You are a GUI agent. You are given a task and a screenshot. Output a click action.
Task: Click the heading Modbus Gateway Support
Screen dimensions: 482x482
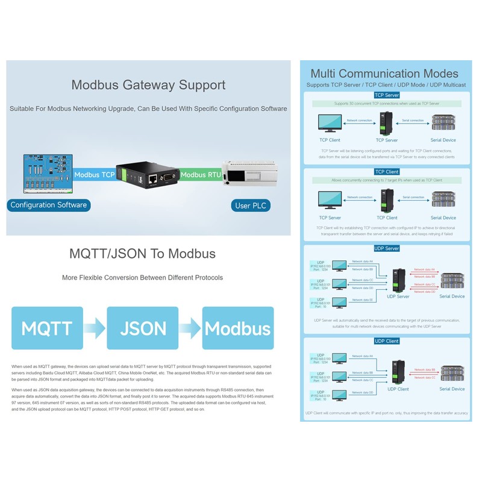click(148, 85)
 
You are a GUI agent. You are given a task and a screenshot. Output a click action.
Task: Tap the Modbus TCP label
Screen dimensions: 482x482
click(94, 175)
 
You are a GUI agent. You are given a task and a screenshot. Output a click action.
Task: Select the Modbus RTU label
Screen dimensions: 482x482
click(201, 175)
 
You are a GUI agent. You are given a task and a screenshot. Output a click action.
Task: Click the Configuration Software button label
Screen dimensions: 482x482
click(49, 205)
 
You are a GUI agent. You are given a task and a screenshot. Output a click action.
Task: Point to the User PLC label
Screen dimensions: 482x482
click(251, 205)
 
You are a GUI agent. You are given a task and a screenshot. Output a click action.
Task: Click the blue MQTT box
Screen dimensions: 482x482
click(47, 328)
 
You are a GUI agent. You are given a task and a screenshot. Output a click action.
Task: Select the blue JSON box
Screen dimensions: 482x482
click(143, 328)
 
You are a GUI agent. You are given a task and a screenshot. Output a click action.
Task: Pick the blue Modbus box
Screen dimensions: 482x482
click(238, 328)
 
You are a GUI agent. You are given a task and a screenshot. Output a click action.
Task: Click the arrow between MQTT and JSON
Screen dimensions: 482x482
click(95, 328)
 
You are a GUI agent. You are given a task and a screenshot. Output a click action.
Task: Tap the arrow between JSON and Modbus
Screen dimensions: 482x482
click(190, 328)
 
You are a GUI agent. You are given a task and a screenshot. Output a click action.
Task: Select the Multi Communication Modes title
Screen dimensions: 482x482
click(384, 74)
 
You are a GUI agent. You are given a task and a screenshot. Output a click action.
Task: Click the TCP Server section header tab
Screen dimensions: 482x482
click(386, 95)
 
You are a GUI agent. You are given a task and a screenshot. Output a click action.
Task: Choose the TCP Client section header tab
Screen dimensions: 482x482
click(386, 172)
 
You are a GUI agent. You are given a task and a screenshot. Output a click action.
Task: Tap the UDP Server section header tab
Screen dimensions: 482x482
click(386, 248)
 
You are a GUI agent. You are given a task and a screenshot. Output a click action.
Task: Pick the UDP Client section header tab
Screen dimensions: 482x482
click(386, 341)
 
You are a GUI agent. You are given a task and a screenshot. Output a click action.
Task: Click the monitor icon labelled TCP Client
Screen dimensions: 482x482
click(330, 124)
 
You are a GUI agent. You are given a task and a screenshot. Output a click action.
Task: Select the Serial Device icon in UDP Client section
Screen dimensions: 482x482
click(452, 373)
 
